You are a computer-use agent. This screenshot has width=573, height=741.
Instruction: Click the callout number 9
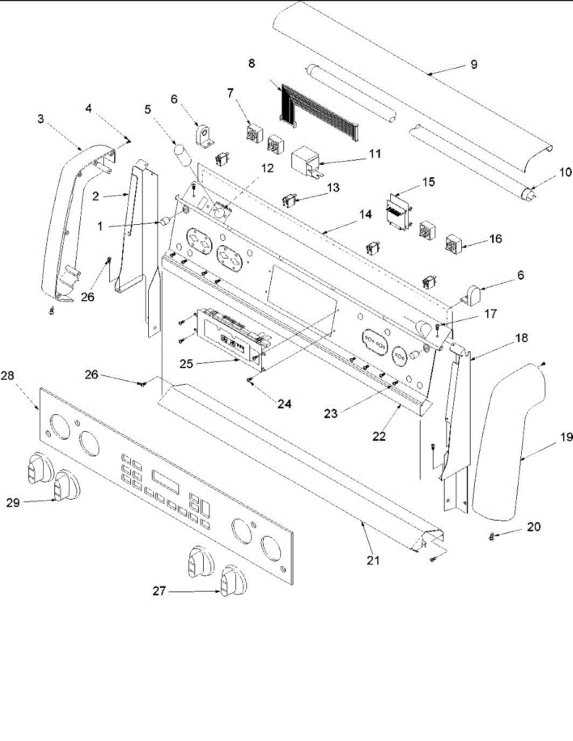[474, 64]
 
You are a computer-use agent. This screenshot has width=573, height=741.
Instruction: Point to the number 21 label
[373, 561]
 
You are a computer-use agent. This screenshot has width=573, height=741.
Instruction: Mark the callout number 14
[366, 214]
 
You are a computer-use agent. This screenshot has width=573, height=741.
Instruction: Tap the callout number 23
[331, 413]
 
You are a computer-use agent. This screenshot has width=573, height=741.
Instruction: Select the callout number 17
[490, 313]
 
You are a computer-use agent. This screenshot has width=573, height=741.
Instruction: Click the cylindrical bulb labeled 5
[181, 155]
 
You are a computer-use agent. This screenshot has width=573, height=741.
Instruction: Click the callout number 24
[284, 405]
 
